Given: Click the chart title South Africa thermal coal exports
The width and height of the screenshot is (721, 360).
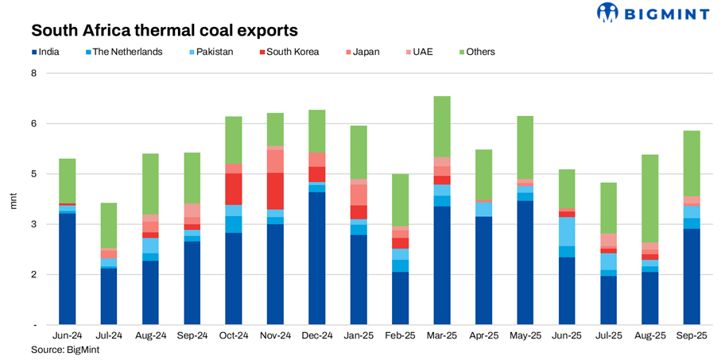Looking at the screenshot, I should pos(165,31).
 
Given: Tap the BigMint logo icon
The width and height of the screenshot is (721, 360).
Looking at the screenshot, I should pos(608,13).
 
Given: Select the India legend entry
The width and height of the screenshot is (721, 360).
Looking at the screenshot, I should pos(53,52).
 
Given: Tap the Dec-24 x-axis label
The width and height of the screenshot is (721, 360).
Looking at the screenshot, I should pos(316,337).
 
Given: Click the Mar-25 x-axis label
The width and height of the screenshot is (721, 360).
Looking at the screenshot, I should pos(441,337).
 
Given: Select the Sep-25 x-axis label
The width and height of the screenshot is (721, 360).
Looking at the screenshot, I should pos(691,337).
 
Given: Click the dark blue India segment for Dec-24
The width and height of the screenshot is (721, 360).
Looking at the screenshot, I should pos(316,258).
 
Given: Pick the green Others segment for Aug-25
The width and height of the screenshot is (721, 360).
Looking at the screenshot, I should pos(649,199).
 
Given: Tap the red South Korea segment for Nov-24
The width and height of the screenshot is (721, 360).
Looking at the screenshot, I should pos(275,191).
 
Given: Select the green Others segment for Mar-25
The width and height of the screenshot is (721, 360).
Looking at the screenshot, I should pos(441,126).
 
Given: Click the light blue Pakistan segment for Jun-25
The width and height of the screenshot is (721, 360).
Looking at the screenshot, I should pos(566,231).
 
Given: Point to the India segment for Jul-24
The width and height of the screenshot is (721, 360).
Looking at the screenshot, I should pos(108,296).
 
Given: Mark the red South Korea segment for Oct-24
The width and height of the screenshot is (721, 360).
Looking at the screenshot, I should pos(234,189).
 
